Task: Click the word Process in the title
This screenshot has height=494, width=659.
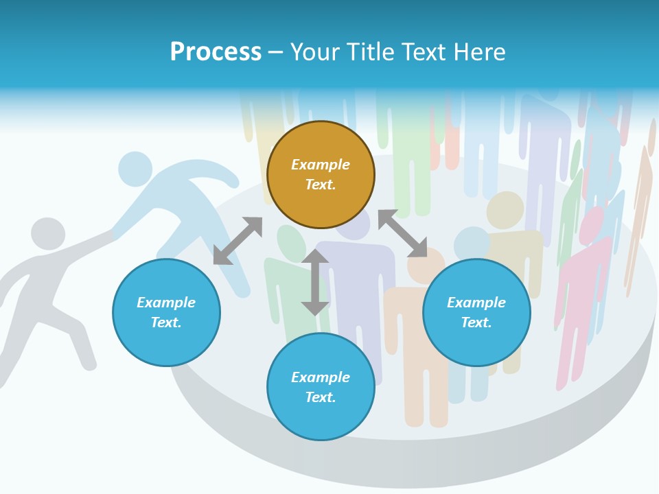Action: tap(216, 52)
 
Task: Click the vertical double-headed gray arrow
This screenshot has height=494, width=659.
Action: tap(315, 282)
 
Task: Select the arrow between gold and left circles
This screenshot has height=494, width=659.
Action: tap(238, 241)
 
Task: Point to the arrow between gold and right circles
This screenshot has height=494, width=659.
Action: tap(402, 233)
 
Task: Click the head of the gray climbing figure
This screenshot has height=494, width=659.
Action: tap(48, 234)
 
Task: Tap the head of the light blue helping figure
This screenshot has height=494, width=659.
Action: tap(135, 168)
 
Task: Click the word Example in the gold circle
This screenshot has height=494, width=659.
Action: tap(321, 165)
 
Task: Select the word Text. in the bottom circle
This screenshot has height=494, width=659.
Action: tap(321, 397)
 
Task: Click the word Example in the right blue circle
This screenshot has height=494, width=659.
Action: tap(476, 303)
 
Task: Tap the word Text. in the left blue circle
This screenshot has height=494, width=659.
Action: tap(166, 322)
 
